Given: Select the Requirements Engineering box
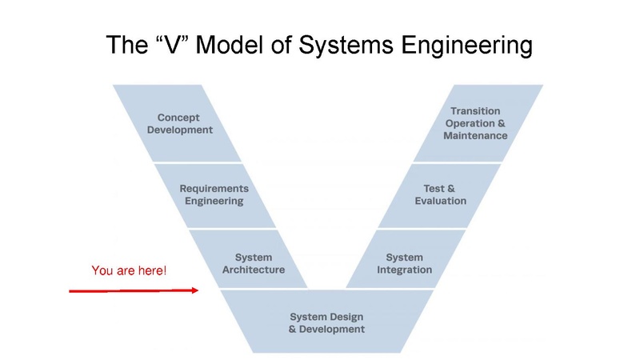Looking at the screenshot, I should [x=214, y=194].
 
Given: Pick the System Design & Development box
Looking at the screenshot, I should [x=326, y=322].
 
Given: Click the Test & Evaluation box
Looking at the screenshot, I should [x=441, y=194].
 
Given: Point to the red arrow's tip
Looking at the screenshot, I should [x=197, y=290].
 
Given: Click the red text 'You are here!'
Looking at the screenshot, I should [x=130, y=271].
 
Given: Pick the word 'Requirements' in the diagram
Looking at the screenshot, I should [x=214, y=189].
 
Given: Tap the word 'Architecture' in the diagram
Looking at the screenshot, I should [x=253, y=270].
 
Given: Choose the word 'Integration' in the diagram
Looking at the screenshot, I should [x=404, y=270].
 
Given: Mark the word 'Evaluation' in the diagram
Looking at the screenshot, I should [x=441, y=201].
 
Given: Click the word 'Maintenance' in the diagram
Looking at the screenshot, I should [x=475, y=135].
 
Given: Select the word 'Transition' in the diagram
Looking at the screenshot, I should [x=475, y=110].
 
